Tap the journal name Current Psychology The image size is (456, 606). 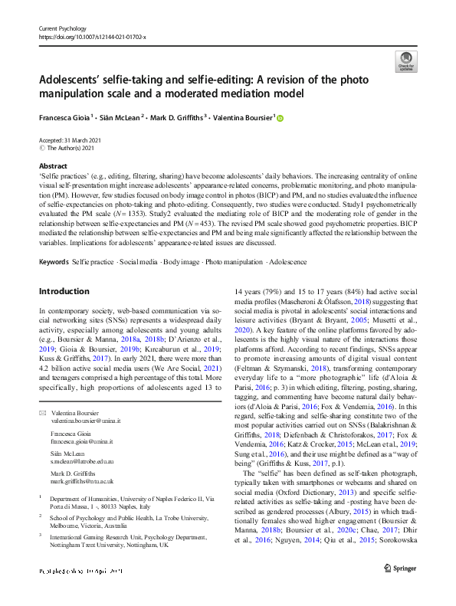point(64,28)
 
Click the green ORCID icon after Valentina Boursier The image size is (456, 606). point(280,118)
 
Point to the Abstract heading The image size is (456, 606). point(53,165)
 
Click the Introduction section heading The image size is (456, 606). point(64,291)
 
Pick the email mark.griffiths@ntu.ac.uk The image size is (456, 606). point(83,482)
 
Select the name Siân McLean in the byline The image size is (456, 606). point(122,118)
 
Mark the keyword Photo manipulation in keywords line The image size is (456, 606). point(233,261)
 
